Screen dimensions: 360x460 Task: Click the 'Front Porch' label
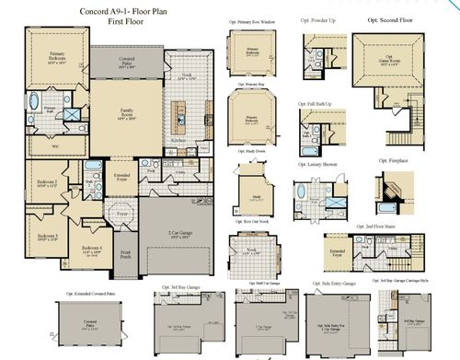point(124,253)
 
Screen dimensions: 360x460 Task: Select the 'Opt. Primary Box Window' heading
point(251,19)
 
